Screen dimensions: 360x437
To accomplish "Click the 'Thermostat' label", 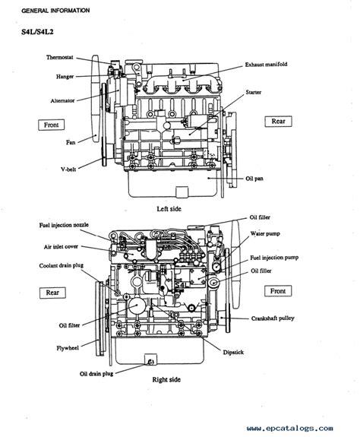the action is [59, 58].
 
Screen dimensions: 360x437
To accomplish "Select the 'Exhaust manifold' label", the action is [266, 65].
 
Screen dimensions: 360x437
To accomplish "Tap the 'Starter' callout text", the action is [254, 92].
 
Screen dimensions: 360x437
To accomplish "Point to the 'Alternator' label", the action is [62, 100].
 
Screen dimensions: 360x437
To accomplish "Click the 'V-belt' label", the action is [68, 169].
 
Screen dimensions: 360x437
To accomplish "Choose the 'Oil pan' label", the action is [254, 179].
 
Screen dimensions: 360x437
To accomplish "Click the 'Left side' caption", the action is [169, 209].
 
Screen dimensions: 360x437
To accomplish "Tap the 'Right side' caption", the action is [166, 379].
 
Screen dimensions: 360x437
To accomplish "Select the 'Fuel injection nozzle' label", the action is [64, 225].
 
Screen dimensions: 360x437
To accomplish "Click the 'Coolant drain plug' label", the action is [62, 265].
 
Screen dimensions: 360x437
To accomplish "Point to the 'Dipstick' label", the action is [233, 353].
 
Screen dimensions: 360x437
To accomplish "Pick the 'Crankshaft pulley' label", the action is [273, 318].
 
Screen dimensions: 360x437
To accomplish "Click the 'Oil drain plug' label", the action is [96, 374].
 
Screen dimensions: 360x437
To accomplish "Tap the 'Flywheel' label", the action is [68, 348].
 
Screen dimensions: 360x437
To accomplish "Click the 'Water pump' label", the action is [265, 233].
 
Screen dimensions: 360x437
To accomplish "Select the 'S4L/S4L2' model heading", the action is [37, 32].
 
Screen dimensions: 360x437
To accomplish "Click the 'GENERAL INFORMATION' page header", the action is [55, 11].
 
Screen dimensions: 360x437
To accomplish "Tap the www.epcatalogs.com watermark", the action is [290, 428].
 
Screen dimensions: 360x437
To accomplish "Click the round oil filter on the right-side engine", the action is [137, 306].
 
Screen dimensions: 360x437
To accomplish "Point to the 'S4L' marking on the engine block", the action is [182, 285].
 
